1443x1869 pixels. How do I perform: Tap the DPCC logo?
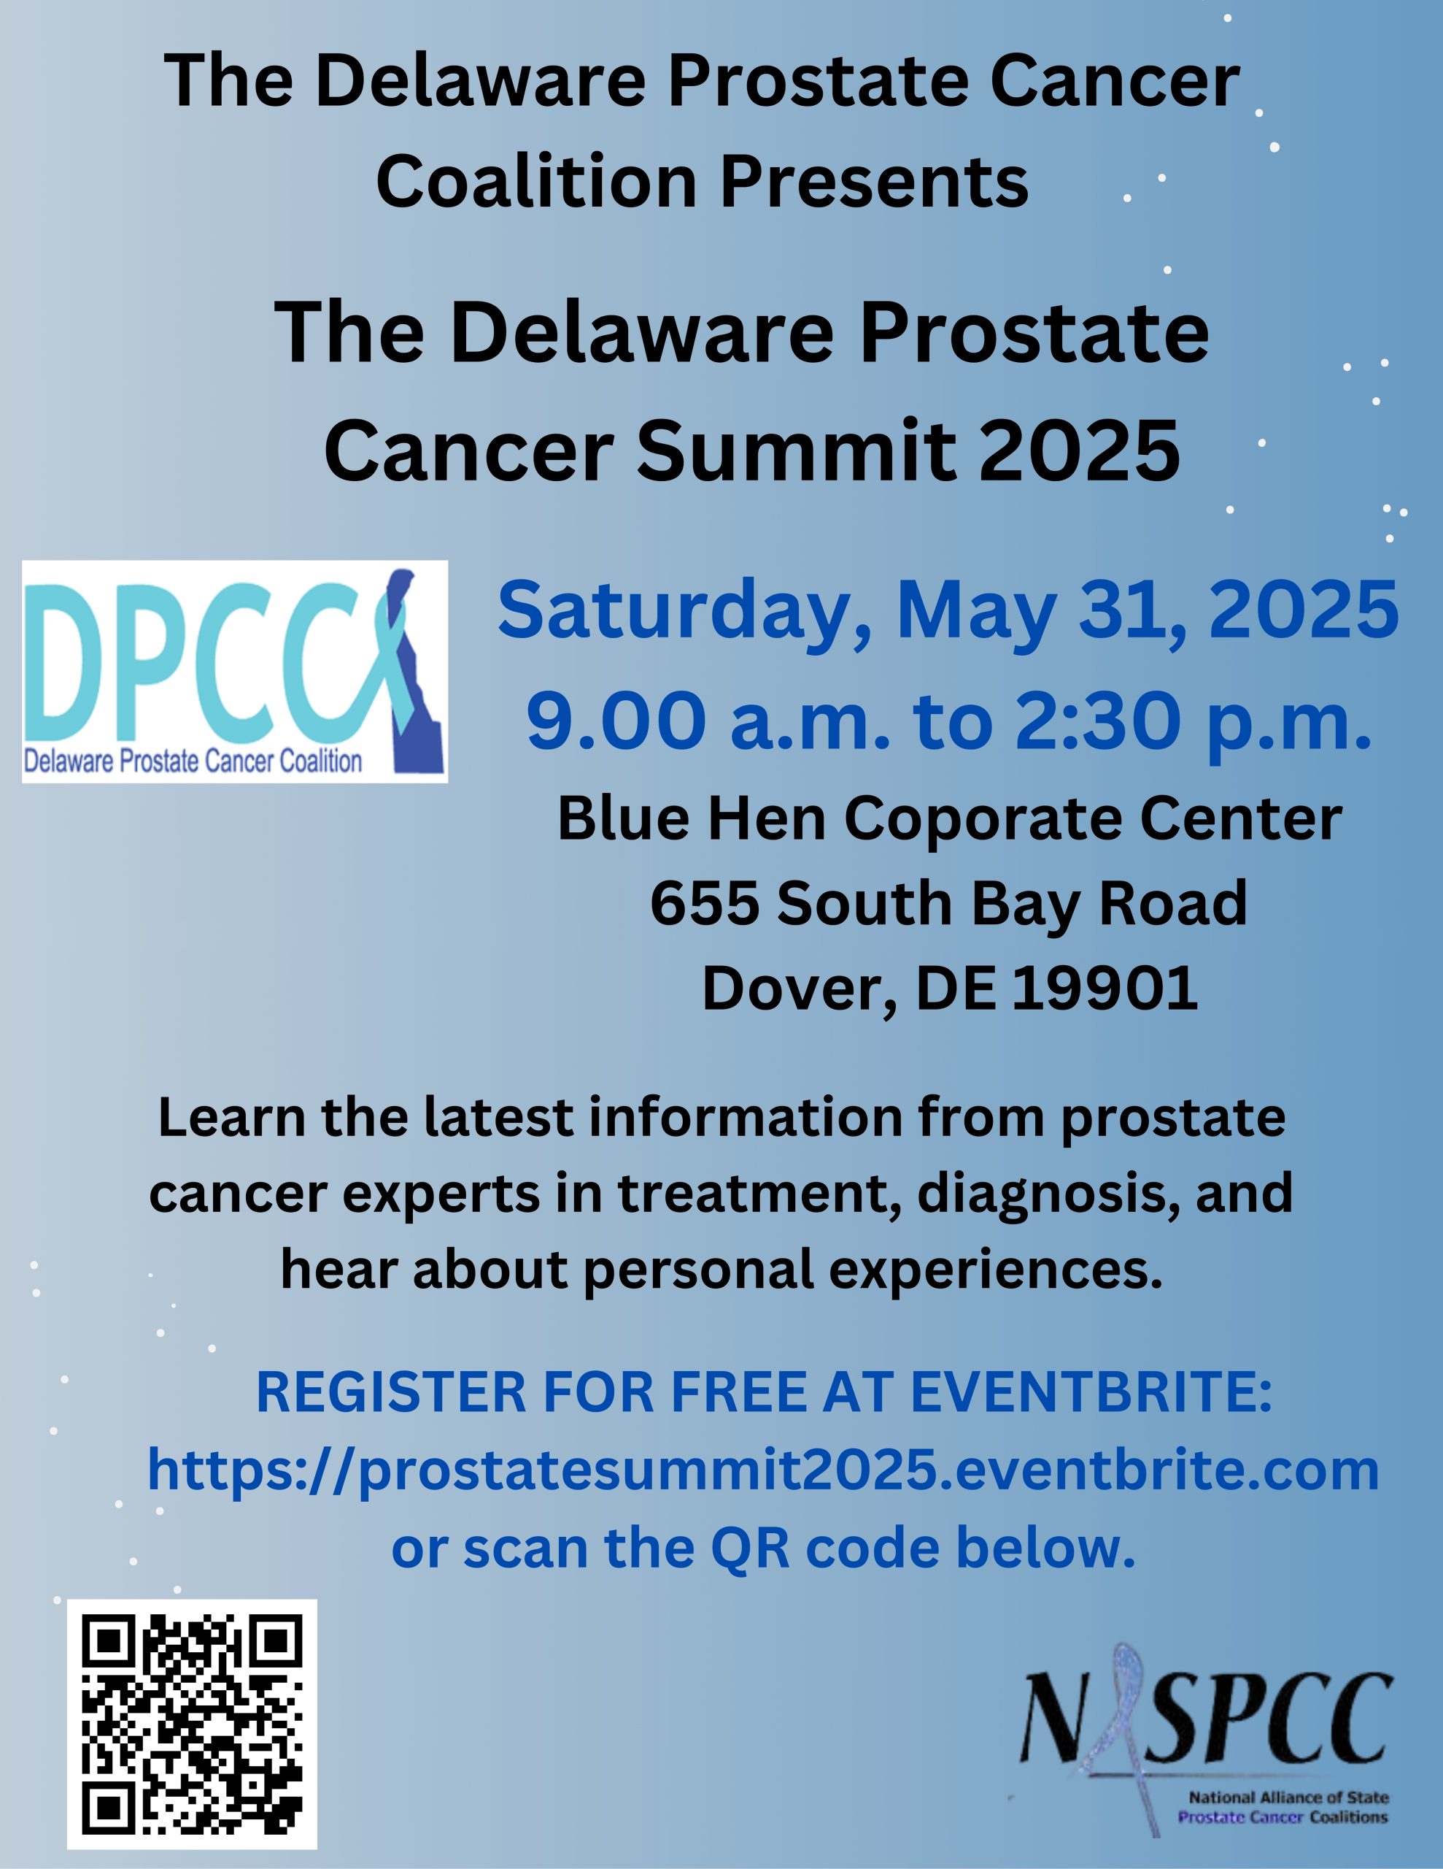tap(235, 672)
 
